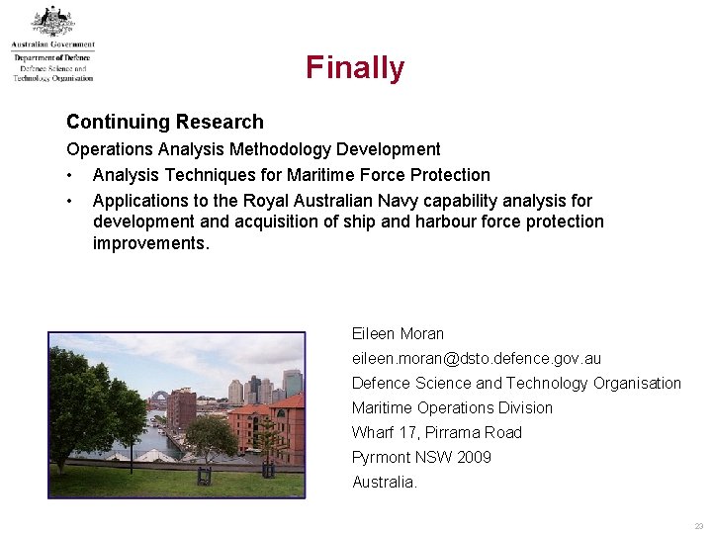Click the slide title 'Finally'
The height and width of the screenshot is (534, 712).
(x=355, y=67)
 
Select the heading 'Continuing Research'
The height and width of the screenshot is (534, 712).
(x=164, y=122)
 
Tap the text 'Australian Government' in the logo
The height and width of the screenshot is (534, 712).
(x=53, y=44)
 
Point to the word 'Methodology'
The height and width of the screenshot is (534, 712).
(x=281, y=149)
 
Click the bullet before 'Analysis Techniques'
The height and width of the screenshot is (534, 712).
(x=70, y=175)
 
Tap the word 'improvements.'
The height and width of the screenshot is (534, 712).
(x=151, y=244)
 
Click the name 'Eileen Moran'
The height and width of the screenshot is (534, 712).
(x=398, y=334)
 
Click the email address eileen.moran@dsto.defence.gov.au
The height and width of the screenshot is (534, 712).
(x=476, y=359)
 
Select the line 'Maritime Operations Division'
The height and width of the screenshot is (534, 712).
(x=452, y=407)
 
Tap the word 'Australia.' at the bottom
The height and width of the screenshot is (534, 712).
(x=385, y=482)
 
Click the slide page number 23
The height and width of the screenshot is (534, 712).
(x=698, y=526)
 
